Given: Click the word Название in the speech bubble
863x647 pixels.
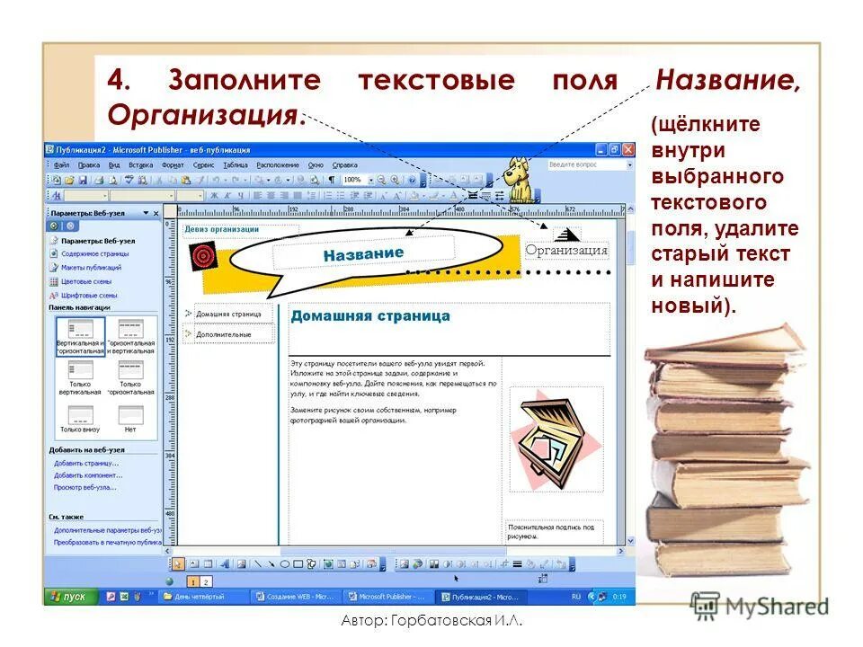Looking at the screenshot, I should click(363, 254).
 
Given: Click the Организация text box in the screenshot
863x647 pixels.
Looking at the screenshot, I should click(566, 251).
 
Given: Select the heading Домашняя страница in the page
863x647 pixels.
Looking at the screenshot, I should click(369, 316).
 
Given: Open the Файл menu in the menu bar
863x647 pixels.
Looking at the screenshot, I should click(61, 165).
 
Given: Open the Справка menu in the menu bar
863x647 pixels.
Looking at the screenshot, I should click(344, 165).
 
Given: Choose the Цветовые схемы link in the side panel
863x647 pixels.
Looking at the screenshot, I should click(85, 281).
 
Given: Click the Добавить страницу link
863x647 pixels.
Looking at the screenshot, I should click(86, 463).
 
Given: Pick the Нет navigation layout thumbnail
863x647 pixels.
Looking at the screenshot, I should click(130, 419).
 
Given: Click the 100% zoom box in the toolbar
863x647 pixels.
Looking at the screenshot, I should click(352, 180).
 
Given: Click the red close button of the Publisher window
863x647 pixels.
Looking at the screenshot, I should click(627, 150).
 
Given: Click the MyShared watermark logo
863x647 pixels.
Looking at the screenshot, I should click(760, 607).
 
